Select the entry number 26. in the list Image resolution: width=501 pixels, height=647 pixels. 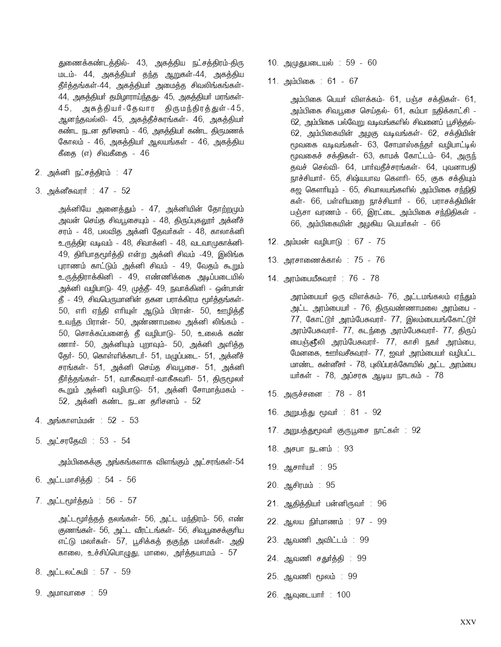point(273,595)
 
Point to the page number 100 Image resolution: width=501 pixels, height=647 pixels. point(343,595)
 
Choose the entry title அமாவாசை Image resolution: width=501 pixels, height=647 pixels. point(66,593)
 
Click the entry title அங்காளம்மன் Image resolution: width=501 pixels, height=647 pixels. point(71,420)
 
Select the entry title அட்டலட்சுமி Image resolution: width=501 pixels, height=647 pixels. point(68,572)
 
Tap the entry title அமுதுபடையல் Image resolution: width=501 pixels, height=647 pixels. point(309,63)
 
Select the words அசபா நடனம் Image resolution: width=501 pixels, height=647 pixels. point(307,449)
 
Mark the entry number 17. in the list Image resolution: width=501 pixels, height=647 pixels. point(273,430)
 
